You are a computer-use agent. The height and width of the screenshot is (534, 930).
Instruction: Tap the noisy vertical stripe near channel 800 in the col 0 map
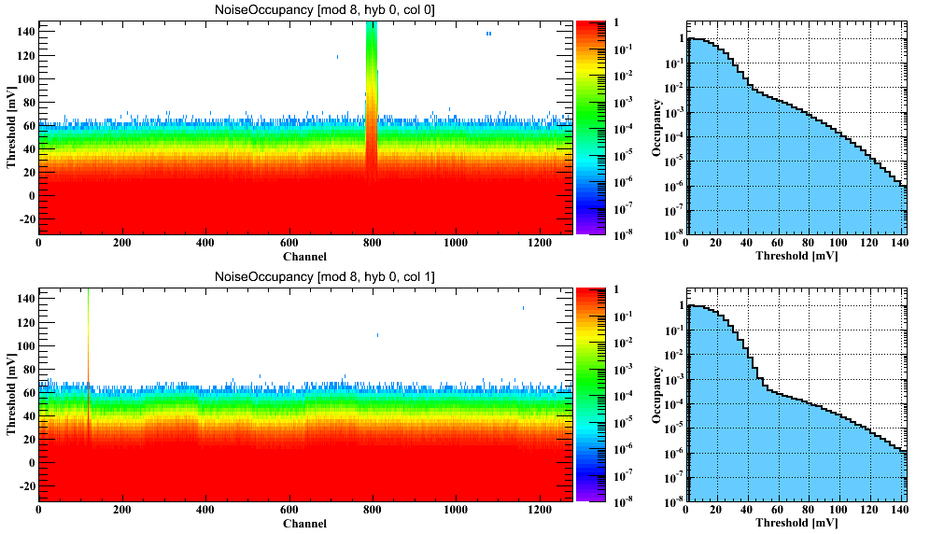(372, 93)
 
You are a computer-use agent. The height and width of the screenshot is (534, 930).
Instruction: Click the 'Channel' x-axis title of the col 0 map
(304, 257)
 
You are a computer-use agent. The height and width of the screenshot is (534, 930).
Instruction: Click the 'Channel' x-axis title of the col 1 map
(304, 524)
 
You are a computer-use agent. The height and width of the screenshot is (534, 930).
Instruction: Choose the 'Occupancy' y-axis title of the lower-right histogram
(657, 396)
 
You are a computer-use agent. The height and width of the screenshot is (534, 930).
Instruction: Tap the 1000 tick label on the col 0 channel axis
(456, 244)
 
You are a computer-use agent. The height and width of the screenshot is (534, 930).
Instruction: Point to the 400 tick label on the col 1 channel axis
(205, 511)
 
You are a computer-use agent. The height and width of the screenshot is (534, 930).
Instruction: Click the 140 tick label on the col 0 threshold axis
(25, 32)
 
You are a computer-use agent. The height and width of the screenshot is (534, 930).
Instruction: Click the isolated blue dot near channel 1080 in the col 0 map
(488, 34)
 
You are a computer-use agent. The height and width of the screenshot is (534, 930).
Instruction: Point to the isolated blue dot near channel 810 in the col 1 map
(377, 335)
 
